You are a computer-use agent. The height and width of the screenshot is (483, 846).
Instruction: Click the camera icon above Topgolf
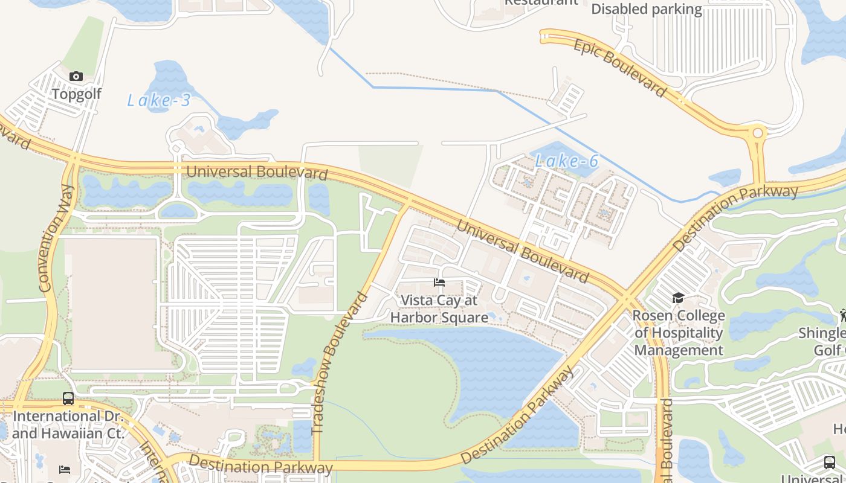click(76, 76)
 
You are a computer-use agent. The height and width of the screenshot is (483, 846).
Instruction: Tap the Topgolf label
click(76, 94)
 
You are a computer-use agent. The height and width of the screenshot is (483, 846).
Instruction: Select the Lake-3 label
click(159, 100)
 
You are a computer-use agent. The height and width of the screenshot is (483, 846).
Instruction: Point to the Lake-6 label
click(566, 161)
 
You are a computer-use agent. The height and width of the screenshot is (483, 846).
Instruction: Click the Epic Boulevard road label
click(619, 67)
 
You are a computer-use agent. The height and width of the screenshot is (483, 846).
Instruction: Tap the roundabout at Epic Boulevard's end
click(757, 132)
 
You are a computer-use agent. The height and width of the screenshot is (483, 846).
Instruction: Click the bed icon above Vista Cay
click(439, 283)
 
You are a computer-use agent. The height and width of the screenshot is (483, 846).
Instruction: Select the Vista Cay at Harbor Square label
click(439, 309)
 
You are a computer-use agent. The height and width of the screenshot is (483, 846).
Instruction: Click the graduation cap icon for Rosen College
click(678, 298)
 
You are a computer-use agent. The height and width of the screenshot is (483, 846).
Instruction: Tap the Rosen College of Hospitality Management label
click(678, 333)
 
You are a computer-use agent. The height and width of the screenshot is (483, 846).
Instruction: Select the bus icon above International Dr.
click(68, 398)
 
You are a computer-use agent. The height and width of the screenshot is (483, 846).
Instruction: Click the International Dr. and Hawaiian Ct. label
click(68, 424)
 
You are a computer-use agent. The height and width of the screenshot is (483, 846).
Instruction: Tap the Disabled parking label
click(646, 9)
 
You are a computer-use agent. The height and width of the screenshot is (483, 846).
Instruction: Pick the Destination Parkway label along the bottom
click(260, 465)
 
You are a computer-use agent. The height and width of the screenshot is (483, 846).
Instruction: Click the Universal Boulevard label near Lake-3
click(256, 172)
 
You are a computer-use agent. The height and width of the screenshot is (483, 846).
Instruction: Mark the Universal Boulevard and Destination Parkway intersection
click(627, 298)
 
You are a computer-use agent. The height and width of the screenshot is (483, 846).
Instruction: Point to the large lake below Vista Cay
click(496, 362)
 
